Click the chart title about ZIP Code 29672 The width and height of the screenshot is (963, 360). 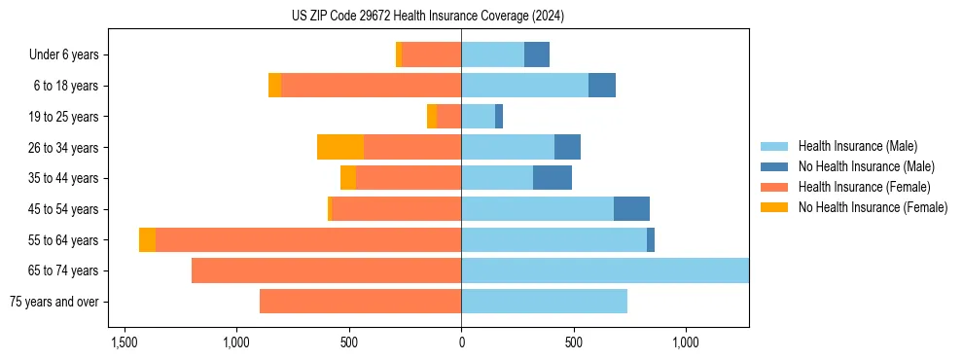tap(427, 17)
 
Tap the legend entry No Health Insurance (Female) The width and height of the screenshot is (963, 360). tap(873, 207)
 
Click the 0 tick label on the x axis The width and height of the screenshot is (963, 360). tap(461, 343)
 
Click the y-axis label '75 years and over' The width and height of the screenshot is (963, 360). tap(53, 302)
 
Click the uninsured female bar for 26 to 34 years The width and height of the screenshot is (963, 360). tap(340, 147)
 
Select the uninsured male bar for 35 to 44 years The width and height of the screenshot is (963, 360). tap(553, 178)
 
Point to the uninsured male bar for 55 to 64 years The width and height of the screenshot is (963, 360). tap(651, 240)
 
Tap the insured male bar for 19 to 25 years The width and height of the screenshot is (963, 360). tap(478, 117)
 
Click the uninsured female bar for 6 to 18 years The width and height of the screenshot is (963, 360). tap(275, 86)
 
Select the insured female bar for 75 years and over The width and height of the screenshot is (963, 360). tap(360, 302)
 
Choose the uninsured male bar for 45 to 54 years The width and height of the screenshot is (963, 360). tap(631, 209)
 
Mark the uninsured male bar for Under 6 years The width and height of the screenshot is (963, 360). tap(537, 55)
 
